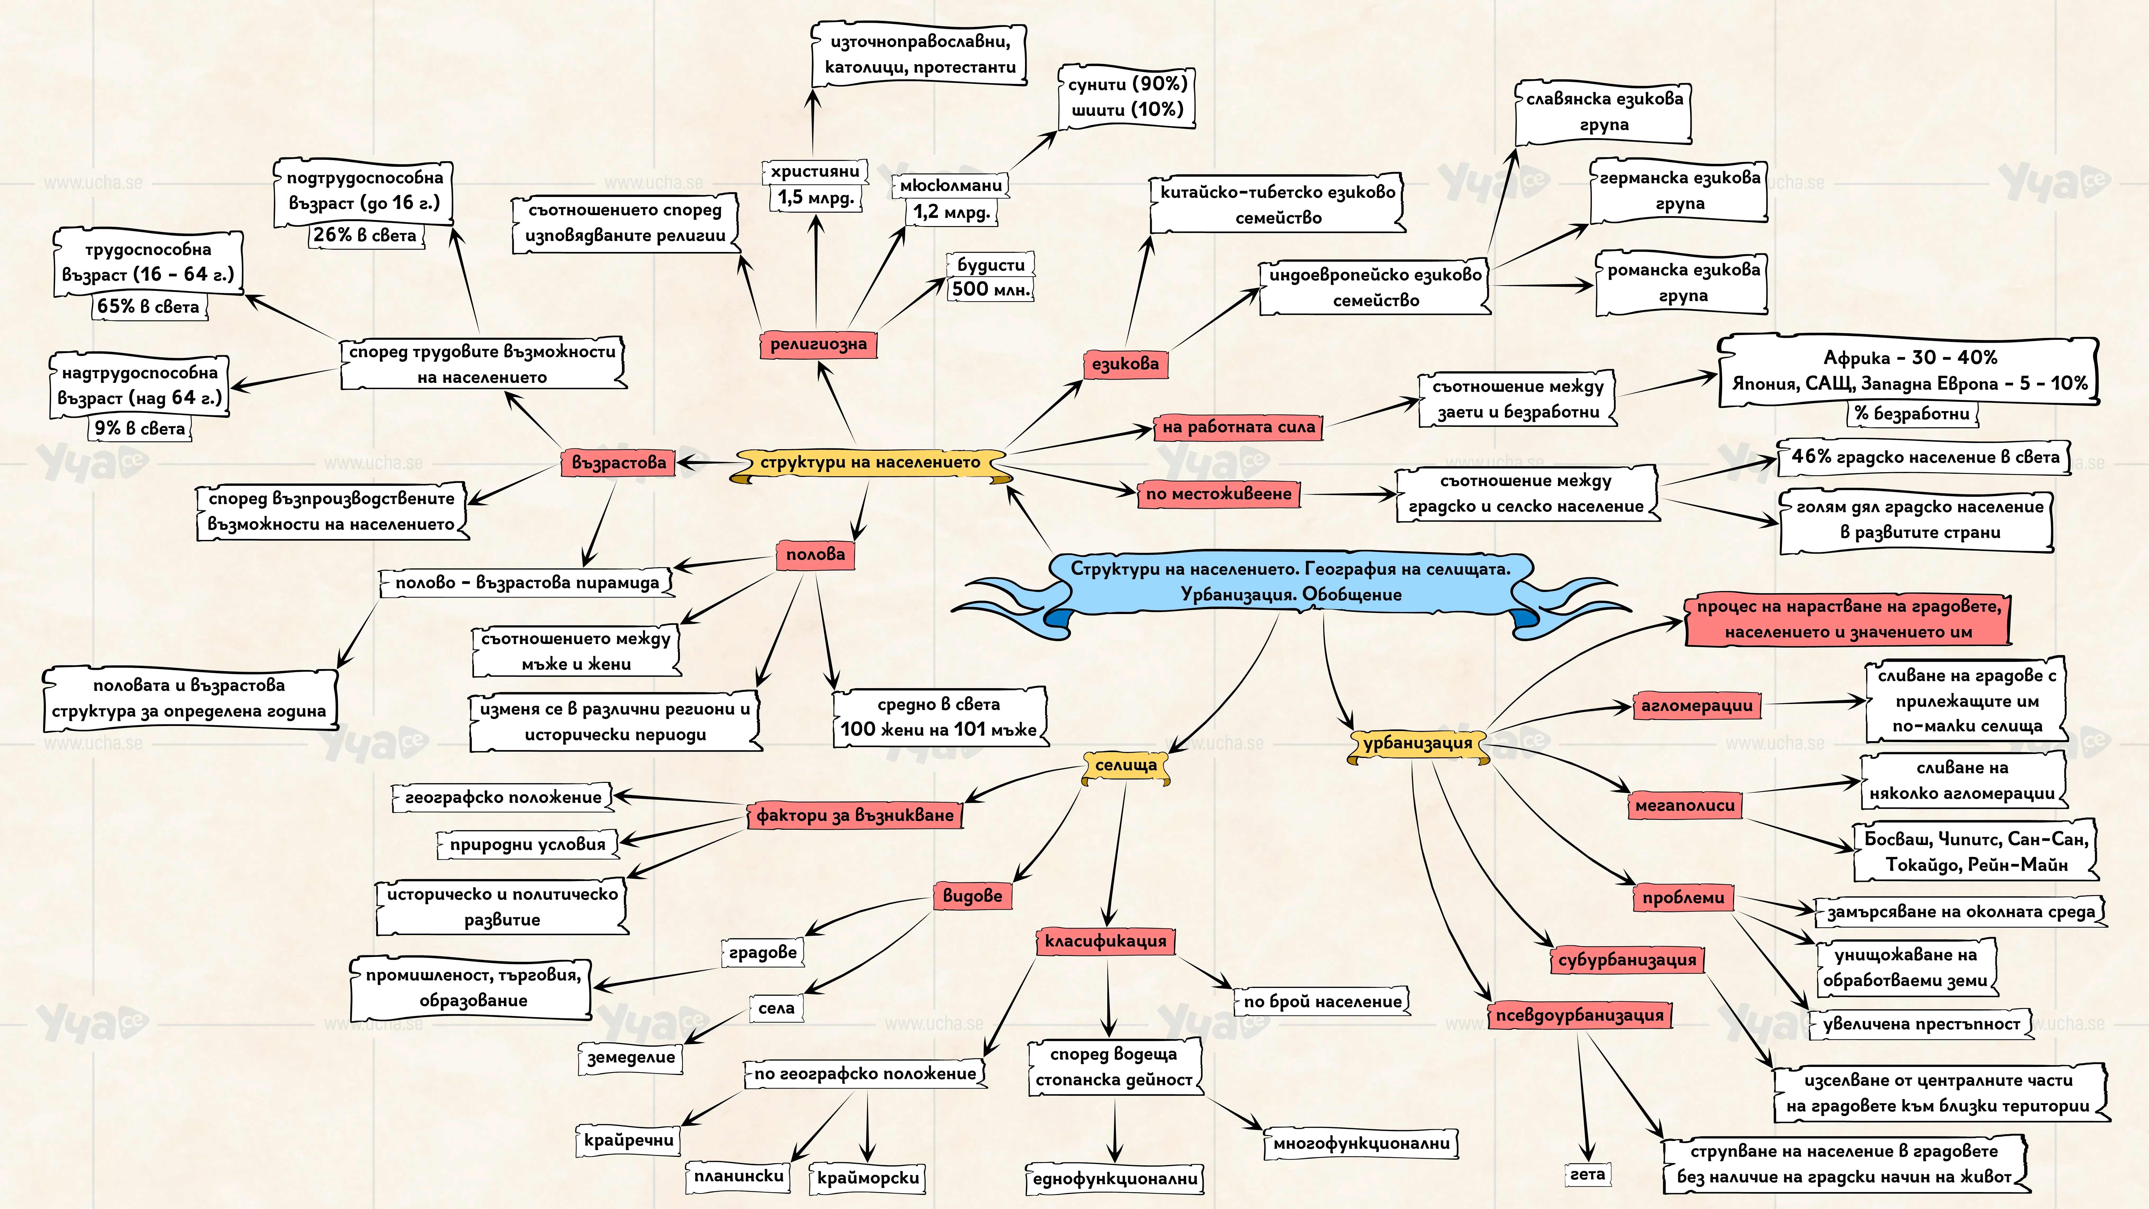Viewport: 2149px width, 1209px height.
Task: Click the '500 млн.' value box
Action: pos(991,290)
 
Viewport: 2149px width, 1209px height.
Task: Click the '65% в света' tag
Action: pos(148,306)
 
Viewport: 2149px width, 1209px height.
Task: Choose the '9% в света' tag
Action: pos(139,428)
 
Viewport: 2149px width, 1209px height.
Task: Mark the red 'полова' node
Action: pos(815,555)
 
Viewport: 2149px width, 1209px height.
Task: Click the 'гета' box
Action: pos(1587,1174)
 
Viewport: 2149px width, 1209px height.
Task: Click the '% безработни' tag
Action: pos(1911,413)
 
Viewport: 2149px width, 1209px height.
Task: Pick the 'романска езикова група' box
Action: pos(1683,283)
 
